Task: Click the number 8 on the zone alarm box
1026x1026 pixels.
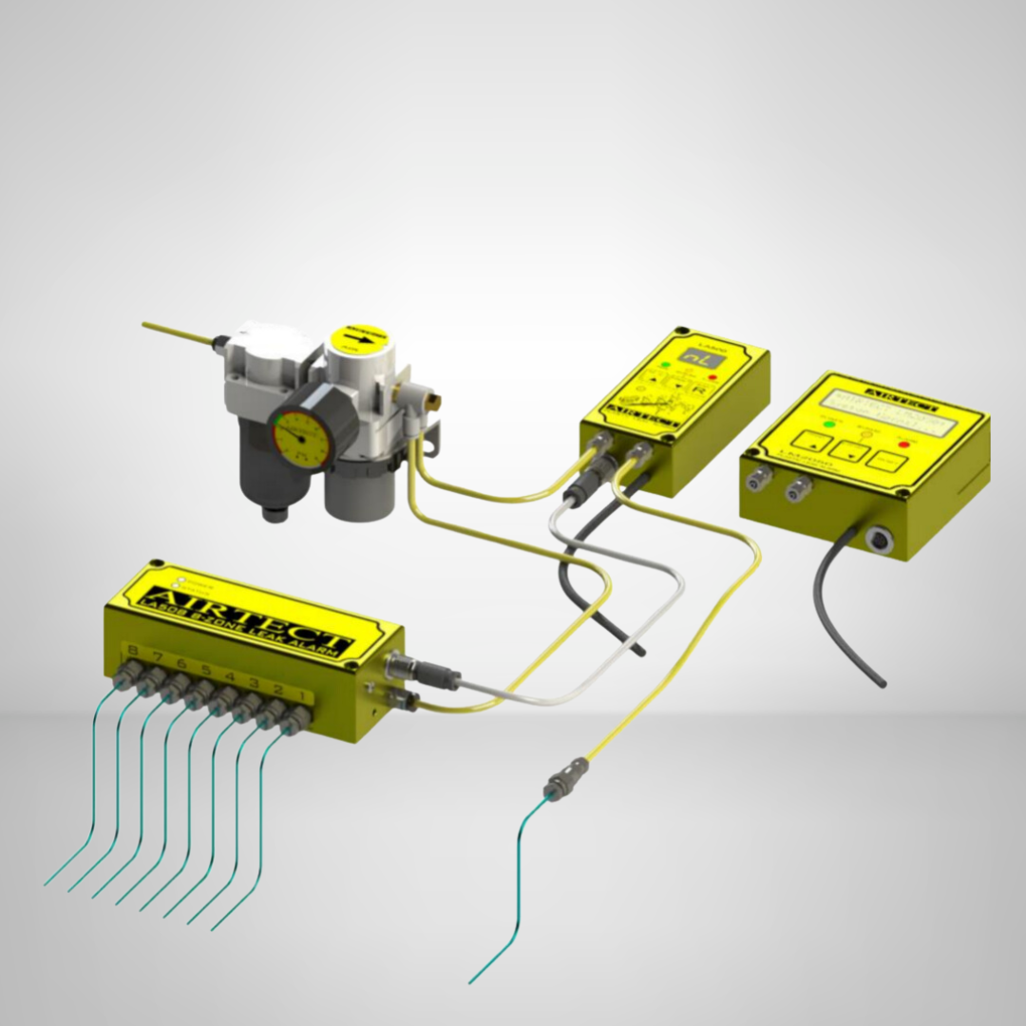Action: click(x=132, y=651)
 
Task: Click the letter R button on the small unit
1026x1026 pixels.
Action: click(x=698, y=389)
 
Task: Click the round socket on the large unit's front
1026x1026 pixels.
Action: click(x=876, y=541)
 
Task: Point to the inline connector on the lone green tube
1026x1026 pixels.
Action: click(x=557, y=787)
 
